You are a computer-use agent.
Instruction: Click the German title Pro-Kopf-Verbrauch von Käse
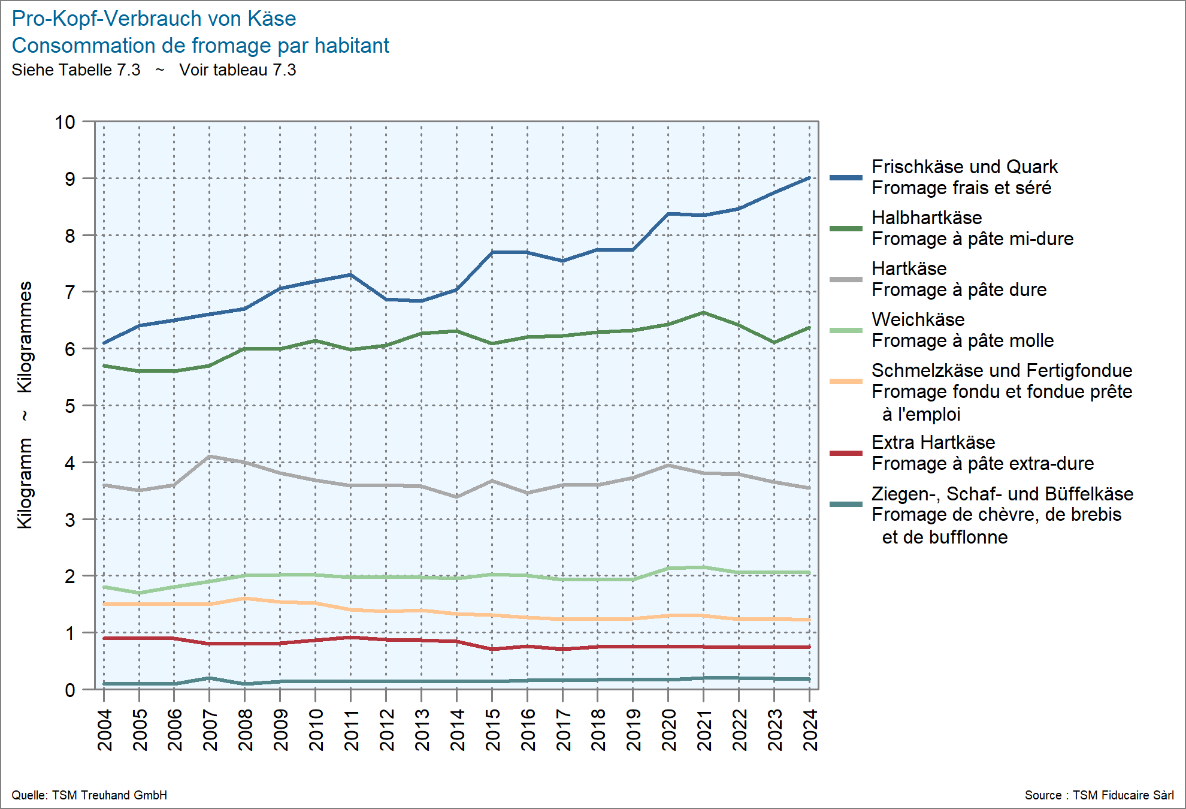(154, 19)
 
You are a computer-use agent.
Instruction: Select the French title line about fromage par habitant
(201, 46)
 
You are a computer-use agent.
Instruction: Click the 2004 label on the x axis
(105, 729)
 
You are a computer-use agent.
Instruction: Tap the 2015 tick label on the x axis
(492, 729)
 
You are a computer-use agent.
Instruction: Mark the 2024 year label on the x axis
(810, 729)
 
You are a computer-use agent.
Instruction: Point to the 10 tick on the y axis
(65, 122)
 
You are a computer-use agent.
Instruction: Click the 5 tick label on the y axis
(70, 406)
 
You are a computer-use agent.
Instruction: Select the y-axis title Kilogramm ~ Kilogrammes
(25, 405)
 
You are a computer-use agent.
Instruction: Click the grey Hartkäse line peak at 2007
(209, 457)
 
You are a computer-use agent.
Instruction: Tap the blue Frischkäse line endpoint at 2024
(809, 178)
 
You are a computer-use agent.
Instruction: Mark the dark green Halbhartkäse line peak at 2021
(703, 312)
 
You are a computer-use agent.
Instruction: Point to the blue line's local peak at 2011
(350, 275)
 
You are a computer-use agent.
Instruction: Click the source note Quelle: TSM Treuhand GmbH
(89, 795)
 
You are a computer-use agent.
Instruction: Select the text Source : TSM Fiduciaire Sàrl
(1099, 795)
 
